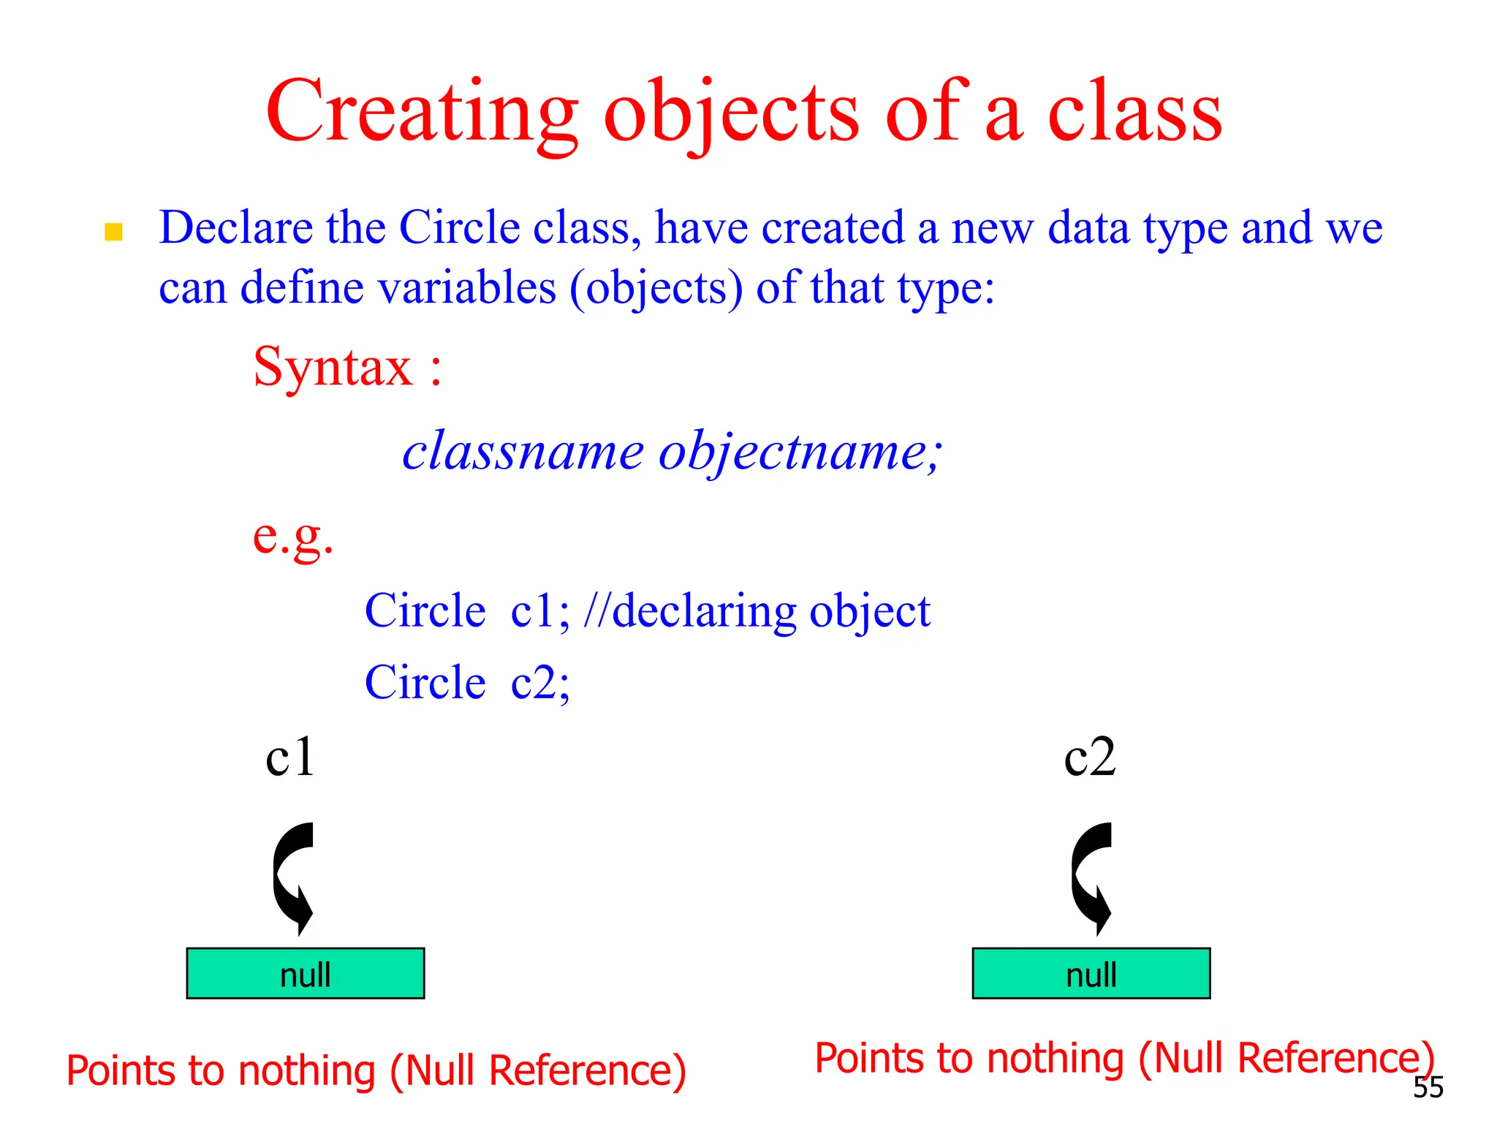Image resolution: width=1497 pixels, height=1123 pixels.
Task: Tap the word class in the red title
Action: (x=1134, y=113)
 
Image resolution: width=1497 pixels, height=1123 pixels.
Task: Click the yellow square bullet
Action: (x=113, y=232)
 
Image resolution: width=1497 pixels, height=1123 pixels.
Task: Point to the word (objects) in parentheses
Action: (x=656, y=288)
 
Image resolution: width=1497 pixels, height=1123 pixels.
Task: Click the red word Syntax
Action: (x=333, y=367)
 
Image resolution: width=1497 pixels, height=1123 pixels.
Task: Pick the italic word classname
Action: (x=523, y=451)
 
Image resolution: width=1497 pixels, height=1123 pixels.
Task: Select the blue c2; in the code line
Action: (x=540, y=683)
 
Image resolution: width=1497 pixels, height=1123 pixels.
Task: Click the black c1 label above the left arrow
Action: (x=290, y=757)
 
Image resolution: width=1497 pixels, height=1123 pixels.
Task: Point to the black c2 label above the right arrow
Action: (x=1089, y=757)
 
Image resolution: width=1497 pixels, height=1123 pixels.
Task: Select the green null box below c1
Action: (x=306, y=973)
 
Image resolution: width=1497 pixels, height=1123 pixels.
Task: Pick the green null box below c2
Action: (x=1091, y=973)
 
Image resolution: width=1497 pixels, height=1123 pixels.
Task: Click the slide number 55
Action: (x=1428, y=1088)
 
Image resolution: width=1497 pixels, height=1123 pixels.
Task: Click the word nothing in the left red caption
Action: (x=307, y=1071)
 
